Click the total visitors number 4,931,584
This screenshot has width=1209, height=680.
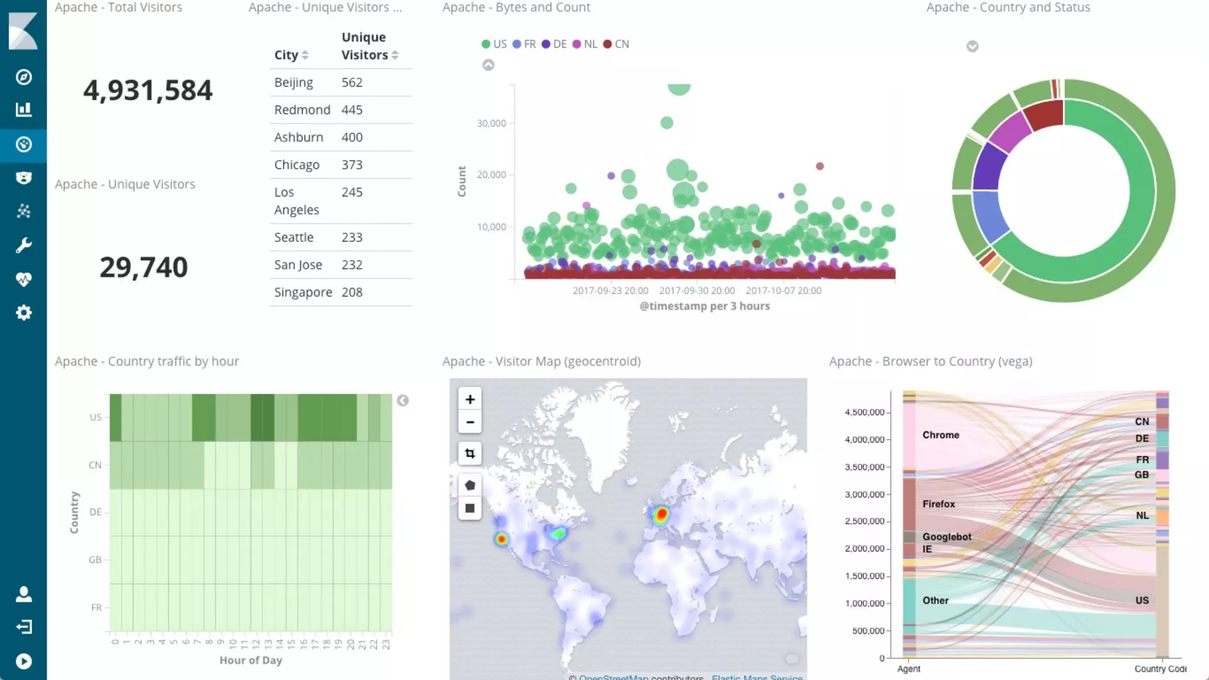pyautogui.click(x=148, y=90)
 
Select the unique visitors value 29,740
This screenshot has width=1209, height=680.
pyautogui.click(x=143, y=267)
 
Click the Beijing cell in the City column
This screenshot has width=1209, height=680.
pyautogui.click(x=293, y=83)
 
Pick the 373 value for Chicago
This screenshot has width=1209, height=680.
pyautogui.click(x=352, y=165)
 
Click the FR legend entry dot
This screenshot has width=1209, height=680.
pyautogui.click(x=517, y=44)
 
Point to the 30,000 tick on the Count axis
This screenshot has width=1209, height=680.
pyautogui.click(x=491, y=123)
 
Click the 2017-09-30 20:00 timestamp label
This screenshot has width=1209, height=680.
pyautogui.click(x=697, y=290)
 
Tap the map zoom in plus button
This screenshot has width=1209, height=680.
pyautogui.click(x=470, y=400)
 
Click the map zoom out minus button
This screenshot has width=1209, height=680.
pyautogui.click(x=470, y=422)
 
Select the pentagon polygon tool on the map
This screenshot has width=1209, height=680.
pyautogui.click(x=470, y=485)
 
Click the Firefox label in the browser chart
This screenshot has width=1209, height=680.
pyautogui.click(x=938, y=504)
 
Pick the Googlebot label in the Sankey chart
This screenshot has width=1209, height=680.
pyautogui.click(x=946, y=537)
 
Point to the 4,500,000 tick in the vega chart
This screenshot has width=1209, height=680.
pyautogui.click(x=864, y=412)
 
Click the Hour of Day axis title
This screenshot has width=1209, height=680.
pyautogui.click(x=251, y=660)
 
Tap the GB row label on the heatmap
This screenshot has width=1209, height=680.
pyautogui.click(x=95, y=560)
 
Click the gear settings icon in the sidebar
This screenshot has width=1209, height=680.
pyautogui.click(x=24, y=313)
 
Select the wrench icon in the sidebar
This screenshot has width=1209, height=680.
pyautogui.click(x=24, y=245)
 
